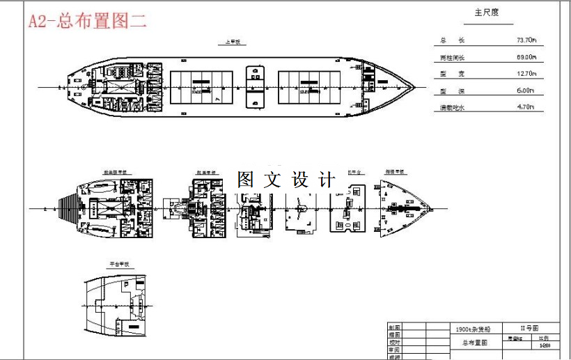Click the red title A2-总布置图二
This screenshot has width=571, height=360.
click(x=88, y=21)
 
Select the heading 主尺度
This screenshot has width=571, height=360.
click(x=487, y=13)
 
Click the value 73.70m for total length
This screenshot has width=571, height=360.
click(x=525, y=40)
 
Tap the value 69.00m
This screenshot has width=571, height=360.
click(x=525, y=57)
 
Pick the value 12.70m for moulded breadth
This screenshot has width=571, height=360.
click(x=525, y=74)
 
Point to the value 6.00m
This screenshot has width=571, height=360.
click(x=525, y=91)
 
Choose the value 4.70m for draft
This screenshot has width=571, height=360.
click(x=525, y=107)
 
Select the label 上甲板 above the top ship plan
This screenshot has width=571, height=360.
click(x=231, y=42)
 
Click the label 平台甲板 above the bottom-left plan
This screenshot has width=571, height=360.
click(x=119, y=265)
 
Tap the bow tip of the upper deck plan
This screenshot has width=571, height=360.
click(x=415, y=87)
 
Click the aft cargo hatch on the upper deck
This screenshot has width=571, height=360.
click(x=203, y=88)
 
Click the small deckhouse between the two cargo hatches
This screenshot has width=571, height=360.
click(x=256, y=87)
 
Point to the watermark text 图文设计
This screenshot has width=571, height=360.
click(x=286, y=179)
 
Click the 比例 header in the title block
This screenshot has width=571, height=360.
click(x=545, y=338)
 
